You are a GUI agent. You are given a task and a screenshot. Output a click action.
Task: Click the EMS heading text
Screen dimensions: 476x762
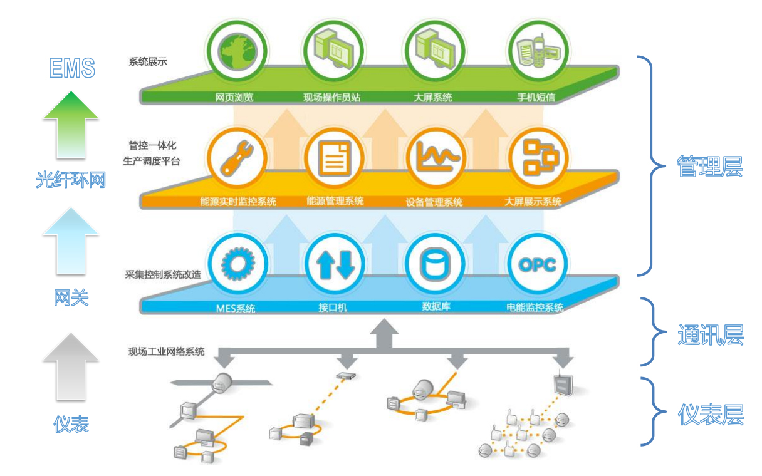(x=72, y=68)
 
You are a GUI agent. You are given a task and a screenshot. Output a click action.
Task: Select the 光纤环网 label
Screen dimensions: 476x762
(x=70, y=180)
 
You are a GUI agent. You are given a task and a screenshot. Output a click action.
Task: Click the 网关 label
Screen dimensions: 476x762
(x=71, y=297)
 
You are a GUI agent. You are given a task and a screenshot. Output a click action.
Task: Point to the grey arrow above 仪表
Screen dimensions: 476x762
(x=70, y=366)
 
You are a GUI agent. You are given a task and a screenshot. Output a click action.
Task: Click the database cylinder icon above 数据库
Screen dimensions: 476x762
(x=436, y=264)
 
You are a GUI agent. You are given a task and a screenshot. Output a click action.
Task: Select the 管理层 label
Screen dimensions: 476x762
(x=709, y=167)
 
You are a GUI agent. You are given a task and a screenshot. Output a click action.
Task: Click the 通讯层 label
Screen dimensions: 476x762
(x=711, y=336)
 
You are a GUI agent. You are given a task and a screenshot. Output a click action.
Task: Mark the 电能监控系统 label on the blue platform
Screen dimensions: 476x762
(x=535, y=307)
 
